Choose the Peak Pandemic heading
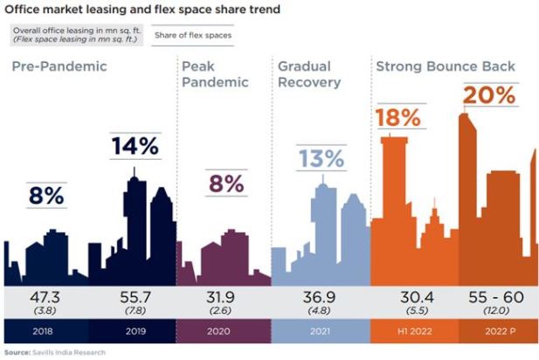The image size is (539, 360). coord(215,74)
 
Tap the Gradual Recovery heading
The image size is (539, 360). coord(311,74)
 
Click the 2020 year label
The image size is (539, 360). coord(224,332)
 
